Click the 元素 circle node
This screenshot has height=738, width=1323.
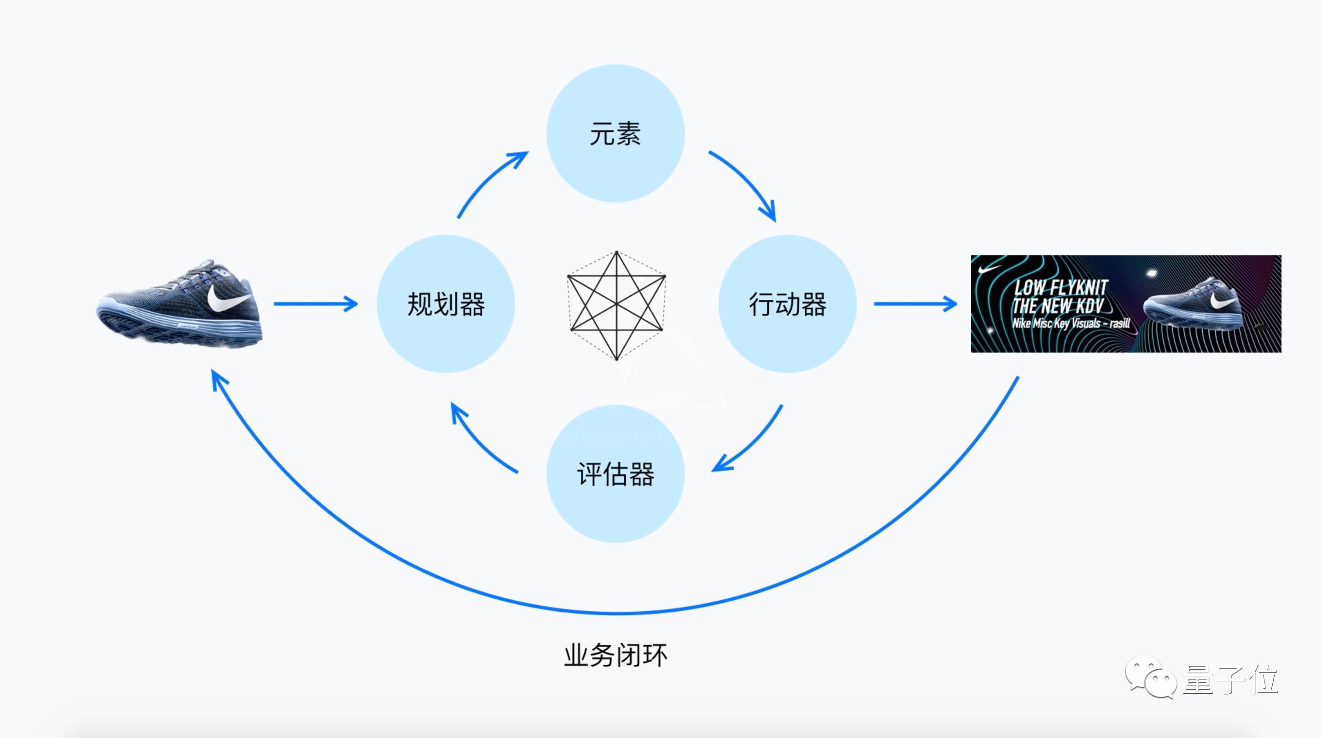tap(615, 134)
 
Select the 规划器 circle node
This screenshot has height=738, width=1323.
tap(446, 304)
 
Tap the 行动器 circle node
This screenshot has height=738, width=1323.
tap(787, 304)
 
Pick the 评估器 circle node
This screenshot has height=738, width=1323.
tap(615, 474)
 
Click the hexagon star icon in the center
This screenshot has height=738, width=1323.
tap(616, 305)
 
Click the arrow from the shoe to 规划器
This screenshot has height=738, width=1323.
tap(315, 304)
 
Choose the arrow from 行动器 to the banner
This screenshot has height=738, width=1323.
tap(915, 304)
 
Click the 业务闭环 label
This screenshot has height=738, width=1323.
tap(615, 656)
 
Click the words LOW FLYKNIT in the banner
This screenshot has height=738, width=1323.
tap(1061, 287)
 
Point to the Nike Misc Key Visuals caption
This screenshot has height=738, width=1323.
tap(1071, 323)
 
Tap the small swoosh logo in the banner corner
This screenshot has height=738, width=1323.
tap(989, 269)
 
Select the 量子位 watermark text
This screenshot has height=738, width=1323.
tap(1230, 679)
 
